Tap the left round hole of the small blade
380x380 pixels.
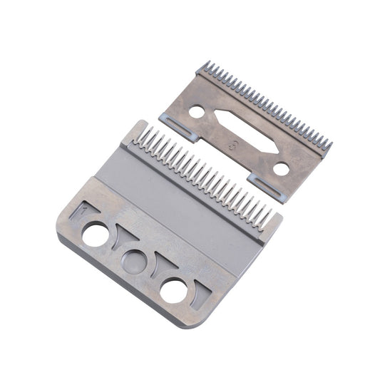coord(195,111)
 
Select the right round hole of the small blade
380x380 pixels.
coord(282,170)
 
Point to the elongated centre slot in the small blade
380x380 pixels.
coord(243,131)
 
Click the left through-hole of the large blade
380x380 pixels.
coord(95,234)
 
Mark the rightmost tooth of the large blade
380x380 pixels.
coord(267,218)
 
